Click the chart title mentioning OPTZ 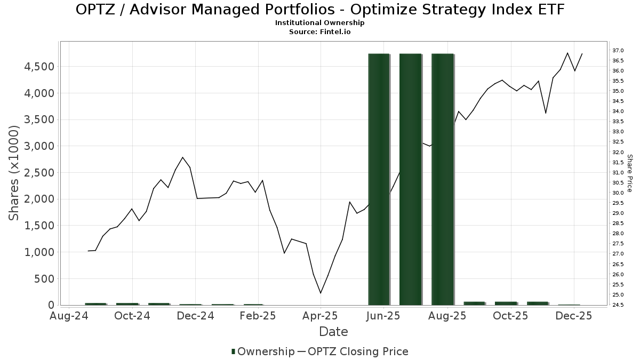click(320, 10)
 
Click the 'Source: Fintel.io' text click(320, 31)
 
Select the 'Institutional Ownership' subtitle click(320, 23)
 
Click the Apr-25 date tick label click(321, 316)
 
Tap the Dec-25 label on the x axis click(574, 316)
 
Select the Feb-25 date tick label click(258, 316)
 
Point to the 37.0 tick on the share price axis click(618, 50)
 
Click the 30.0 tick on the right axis click(618, 193)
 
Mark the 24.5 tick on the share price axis click(618, 305)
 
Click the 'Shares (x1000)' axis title click(14, 173)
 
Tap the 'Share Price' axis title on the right click(630, 173)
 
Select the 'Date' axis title click(333, 332)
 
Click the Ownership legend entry click(263, 351)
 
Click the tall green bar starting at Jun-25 click(379, 179)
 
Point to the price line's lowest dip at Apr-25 click(321, 293)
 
